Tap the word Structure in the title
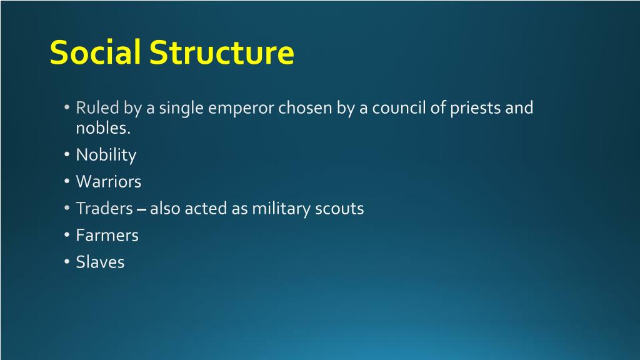tap(221, 52)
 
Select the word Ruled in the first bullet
tap(97, 107)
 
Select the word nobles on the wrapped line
tap(102, 128)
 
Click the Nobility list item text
tap(106, 155)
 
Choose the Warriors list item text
tap(108, 182)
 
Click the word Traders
tap(104, 208)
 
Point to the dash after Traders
tap(141, 209)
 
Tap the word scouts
tap(339, 208)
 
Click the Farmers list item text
tap(107, 235)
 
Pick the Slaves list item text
tap(100, 262)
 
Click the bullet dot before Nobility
tap(67, 156)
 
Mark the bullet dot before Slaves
tap(67, 262)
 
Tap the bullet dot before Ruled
tap(67, 109)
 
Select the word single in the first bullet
tap(181, 108)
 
